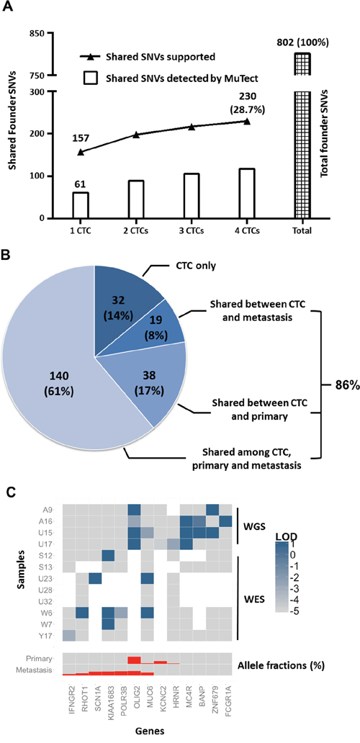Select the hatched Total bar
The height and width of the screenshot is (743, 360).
pyautogui.click(x=301, y=135)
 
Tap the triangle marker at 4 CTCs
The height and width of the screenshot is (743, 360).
pyautogui.click(x=246, y=121)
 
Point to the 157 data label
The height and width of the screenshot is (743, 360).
pyautogui.click(x=81, y=137)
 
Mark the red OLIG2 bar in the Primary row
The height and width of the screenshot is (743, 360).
pyautogui.click(x=135, y=659)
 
